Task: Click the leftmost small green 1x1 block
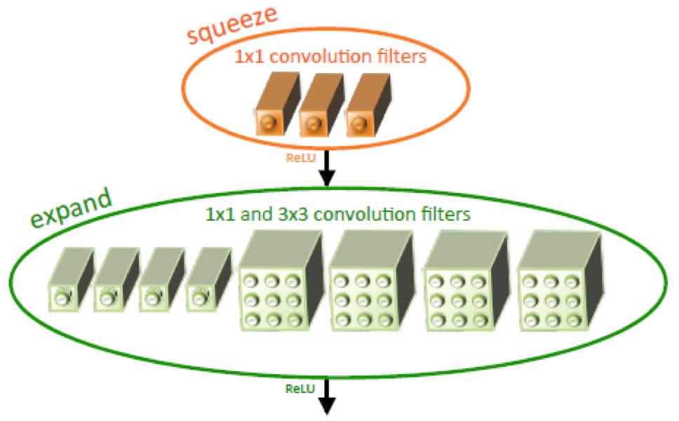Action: coord(69,281)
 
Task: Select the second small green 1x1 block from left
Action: coord(115,281)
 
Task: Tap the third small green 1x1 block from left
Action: coord(161,281)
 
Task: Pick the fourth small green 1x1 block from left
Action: coord(208,281)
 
